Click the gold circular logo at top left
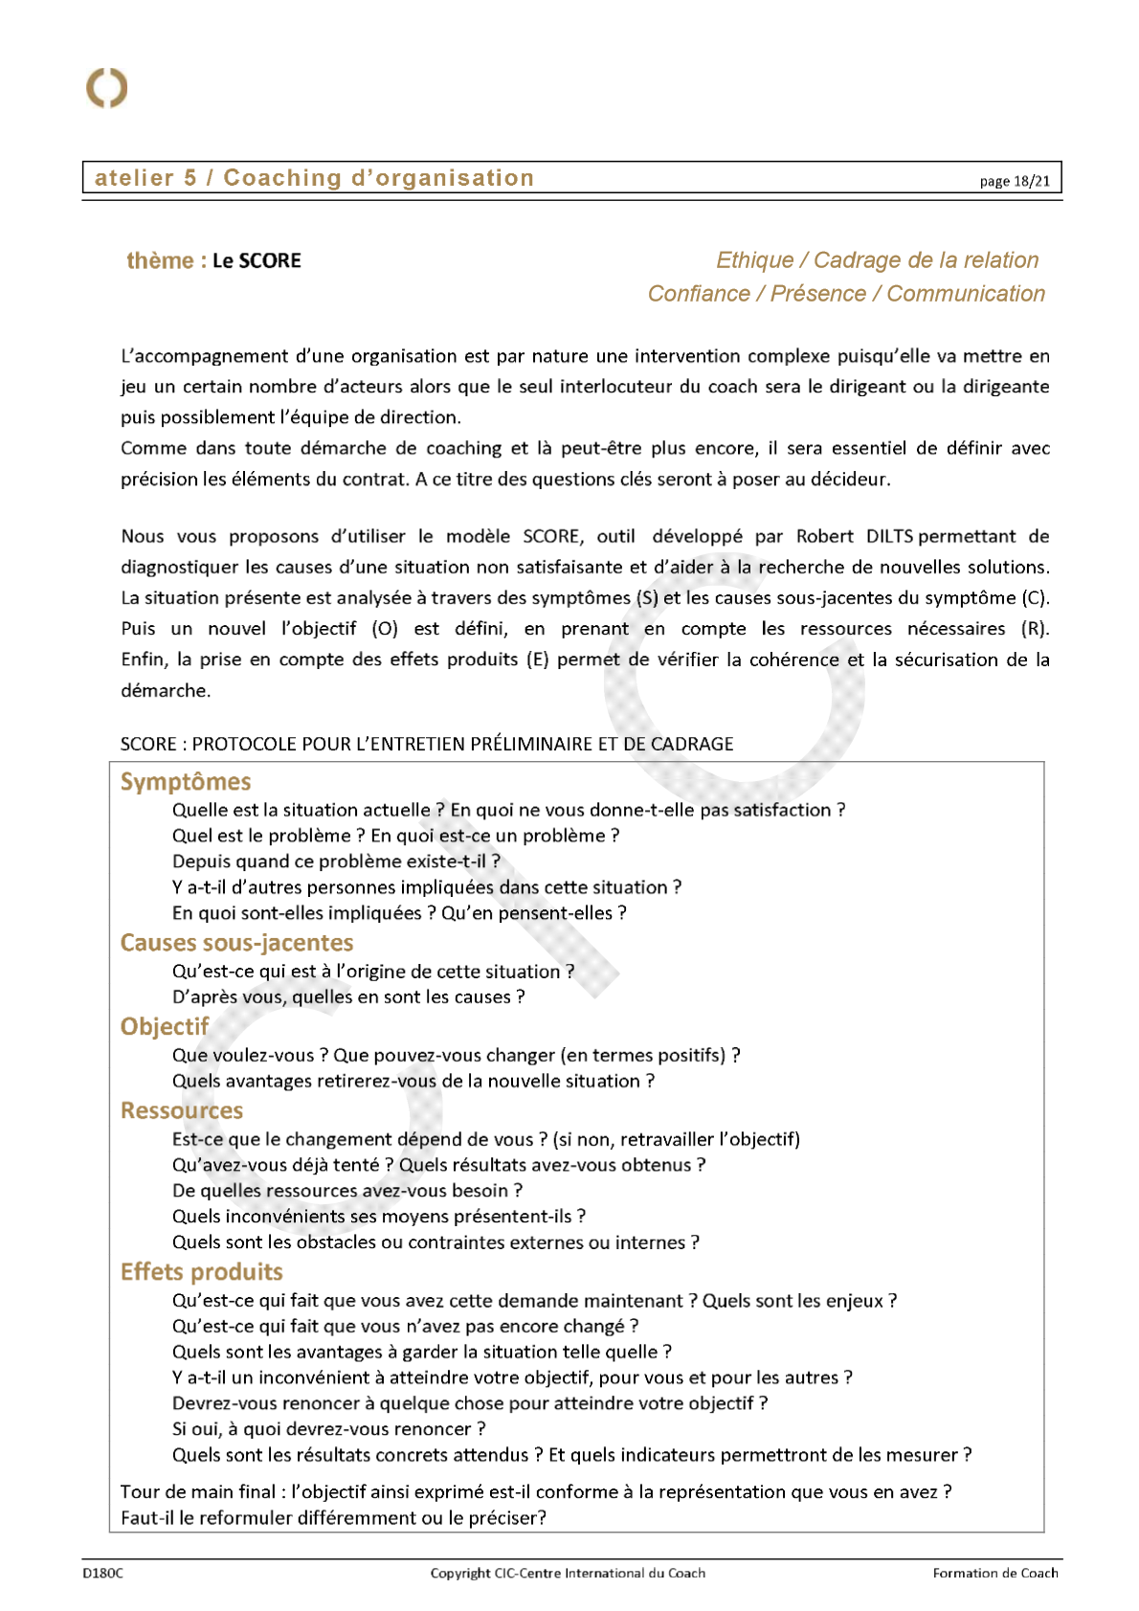point(106,88)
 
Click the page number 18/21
point(1015,181)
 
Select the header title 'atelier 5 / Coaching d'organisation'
point(314,178)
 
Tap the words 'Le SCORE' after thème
point(257,260)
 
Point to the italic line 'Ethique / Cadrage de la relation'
point(877,260)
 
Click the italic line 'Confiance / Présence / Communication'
point(846,294)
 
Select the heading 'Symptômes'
point(186,782)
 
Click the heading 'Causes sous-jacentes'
point(236,943)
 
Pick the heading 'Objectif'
point(165,1026)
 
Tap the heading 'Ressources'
point(182,1110)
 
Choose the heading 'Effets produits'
point(202,1271)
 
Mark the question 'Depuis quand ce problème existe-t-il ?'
point(336,861)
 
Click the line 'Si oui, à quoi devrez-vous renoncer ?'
point(328,1429)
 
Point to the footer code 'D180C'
point(102,1573)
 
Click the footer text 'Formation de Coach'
point(995,1573)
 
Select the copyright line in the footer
point(568,1573)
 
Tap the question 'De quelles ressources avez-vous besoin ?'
point(347,1191)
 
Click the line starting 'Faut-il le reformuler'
point(333,1517)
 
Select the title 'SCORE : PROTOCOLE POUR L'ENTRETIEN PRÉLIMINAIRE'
point(427,744)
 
